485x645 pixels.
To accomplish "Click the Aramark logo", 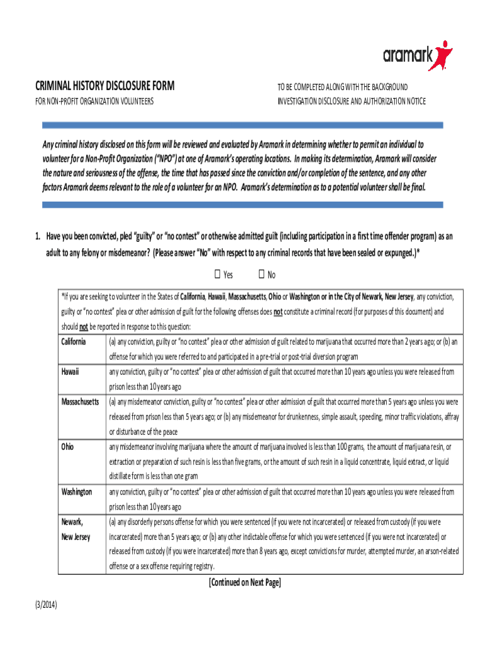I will coord(417,56).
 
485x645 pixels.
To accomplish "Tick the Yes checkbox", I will coord(217,274).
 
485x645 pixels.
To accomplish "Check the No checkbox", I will coord(261,274).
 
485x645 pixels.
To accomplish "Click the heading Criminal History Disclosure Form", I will coord(105,86).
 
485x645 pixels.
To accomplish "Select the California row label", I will coord(74,341).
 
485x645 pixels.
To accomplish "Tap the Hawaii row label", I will coord(70,372).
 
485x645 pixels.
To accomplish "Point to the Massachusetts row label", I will coord(80,401).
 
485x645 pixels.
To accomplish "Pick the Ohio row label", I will coord(67,446).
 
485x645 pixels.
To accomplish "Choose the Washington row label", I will coord(76,491).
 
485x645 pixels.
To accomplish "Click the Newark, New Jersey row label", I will coord(75,529).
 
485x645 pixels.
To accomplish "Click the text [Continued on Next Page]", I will coord(244,583).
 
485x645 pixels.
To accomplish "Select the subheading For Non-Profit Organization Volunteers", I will coord(94,101).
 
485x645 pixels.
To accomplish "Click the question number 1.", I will coord(38,236).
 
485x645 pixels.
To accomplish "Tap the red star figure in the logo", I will coord(442,55).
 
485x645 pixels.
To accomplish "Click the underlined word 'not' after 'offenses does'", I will coord(277,311).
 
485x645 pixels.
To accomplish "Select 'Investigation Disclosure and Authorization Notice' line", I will coord(351,101).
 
